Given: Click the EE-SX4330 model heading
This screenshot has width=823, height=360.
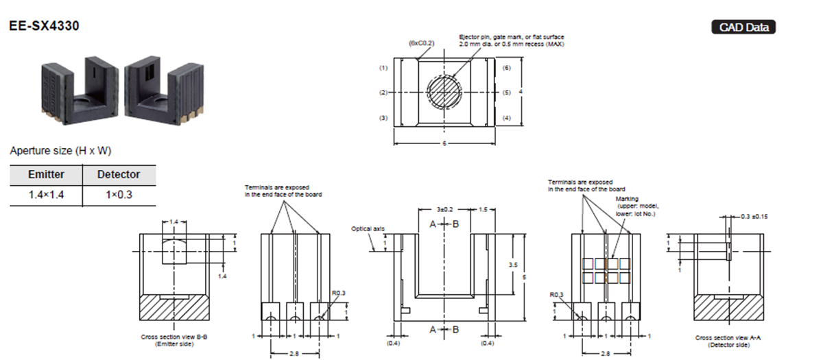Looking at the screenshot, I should pos(44,26).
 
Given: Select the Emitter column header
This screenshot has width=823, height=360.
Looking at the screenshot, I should pos(46,175).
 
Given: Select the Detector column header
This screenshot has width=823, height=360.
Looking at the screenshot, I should pos(119,175).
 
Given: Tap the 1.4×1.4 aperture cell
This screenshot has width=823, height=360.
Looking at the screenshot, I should pos(46,195).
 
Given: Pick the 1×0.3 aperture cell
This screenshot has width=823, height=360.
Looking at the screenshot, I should pos(119,195).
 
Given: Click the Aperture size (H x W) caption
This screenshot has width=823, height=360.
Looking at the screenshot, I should pos(60,150).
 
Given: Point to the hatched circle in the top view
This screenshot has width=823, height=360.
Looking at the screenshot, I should pos(444,91).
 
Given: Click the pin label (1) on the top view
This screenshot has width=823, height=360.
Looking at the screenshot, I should pos(383,69).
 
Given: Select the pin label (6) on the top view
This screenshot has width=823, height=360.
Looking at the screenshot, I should pos(507,69).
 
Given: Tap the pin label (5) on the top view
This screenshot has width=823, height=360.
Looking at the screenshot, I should pos(507,92).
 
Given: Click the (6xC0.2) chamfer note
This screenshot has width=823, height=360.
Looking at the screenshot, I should pos(422,43).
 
